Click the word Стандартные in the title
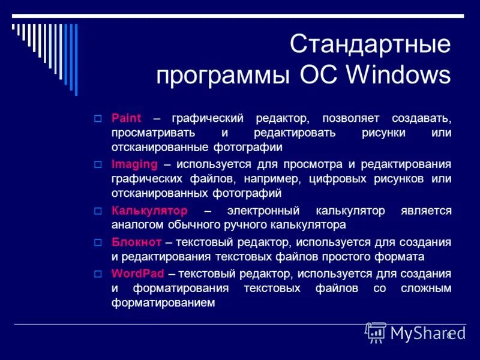click(x=370, y=45)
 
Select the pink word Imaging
click(x=134, y=164)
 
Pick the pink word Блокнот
click(x=136, y=242)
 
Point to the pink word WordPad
click(x=137, y=274)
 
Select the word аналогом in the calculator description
click(x=137, y=226)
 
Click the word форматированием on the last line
click(x=163, y=304)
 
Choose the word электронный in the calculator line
click(x=262, y=211)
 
